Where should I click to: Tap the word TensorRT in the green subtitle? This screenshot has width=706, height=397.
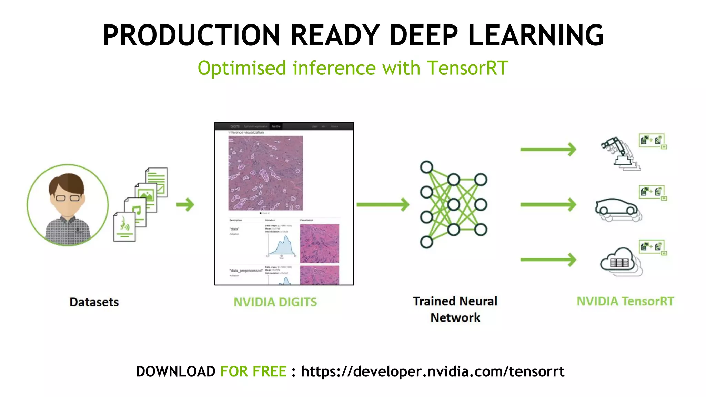tap(467, 68)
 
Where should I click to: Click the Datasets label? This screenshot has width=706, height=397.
tap(94, 302)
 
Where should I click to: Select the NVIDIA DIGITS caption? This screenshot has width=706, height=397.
tap(275, 302)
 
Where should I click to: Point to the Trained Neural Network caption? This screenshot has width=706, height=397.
tap(455, 309)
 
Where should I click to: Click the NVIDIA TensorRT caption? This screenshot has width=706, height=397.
tap(625, 302)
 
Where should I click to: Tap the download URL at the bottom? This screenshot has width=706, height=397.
tap(433, 371)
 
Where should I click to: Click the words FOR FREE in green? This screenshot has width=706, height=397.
tap(253, 371)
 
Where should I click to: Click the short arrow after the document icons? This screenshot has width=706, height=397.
tap(185, 205)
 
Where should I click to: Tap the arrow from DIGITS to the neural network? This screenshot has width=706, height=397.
tap(383, 205)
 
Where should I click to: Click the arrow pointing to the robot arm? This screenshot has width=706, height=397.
tap(548, 150)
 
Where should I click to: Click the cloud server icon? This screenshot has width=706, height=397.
tap(619, 261)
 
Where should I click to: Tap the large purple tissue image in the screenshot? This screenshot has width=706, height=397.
tap(265, 173)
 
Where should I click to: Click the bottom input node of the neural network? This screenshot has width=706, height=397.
tap(426, 242)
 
